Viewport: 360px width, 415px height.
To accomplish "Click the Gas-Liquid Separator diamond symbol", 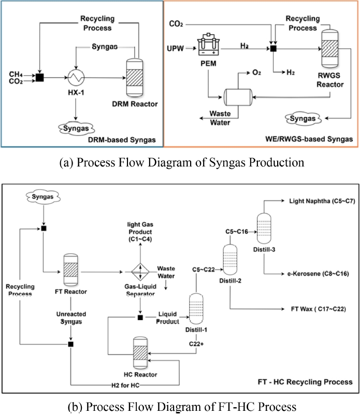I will pyautogui.click(x=138, y=271).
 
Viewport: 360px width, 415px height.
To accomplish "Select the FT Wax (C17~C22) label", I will pyautogui.click(x=316, y=309).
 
